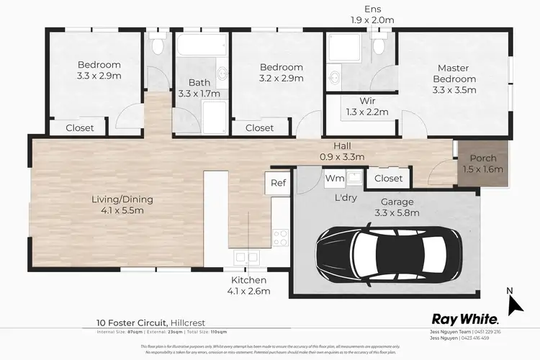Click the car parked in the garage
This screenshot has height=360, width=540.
(x=389, y=256)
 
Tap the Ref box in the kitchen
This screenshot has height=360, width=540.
(x=279, y=183)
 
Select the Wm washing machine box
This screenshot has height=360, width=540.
(x=334, y=177)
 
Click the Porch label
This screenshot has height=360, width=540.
(x=482, y=164)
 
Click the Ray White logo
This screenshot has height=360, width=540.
(x=464, y=319)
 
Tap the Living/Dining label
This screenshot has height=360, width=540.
(x=122, y=205)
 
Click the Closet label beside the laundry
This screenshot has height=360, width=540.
(x=389, y=177)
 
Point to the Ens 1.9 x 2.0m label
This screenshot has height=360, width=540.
(x=372, y=14)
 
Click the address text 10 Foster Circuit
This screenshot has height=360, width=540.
(x=132, y=323)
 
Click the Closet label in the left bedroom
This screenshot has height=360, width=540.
(x=79, y=128)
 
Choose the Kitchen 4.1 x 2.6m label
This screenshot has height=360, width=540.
(x=250, y=285)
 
